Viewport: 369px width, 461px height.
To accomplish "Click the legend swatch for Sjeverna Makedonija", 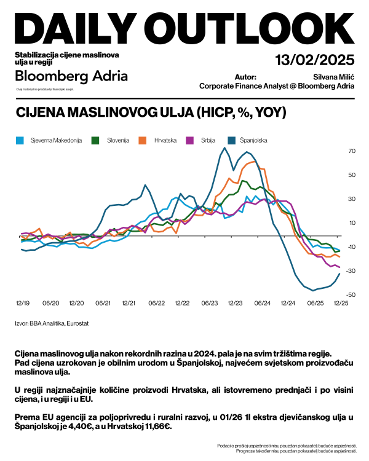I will point(19,140).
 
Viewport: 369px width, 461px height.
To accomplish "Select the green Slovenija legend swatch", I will point(95,140).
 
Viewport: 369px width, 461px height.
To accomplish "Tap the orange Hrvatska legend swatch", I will point(142,140).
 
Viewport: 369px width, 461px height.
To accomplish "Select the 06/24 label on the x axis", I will point(263,303).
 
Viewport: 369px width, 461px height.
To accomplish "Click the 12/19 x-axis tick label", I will point(23,303).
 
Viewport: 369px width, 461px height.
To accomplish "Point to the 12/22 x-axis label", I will point(183,303).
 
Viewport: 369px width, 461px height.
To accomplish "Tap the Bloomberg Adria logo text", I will point(71,76).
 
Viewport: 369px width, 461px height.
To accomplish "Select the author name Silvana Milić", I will point(333,77).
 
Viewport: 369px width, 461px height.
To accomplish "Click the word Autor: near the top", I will point(245,77).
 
